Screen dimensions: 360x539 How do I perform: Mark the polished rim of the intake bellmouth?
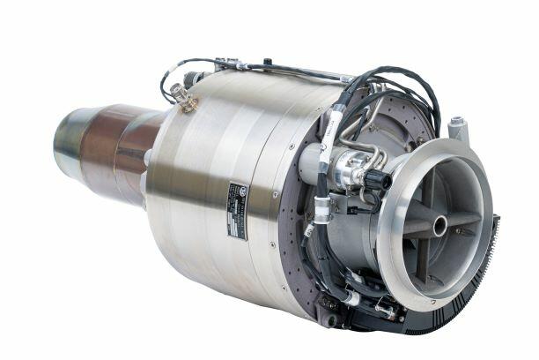pos(402,265)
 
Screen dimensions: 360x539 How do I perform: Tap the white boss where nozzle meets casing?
pos(145,159)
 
